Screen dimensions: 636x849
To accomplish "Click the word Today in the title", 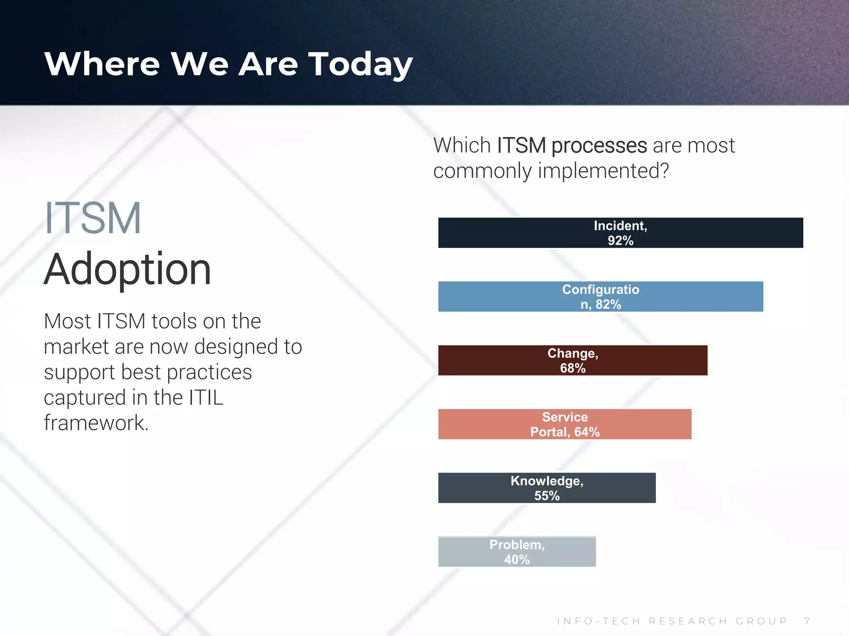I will click(361, 64).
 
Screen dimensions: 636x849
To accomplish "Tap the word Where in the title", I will click(102, 64).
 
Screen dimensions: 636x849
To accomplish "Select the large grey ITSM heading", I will click(93, 218).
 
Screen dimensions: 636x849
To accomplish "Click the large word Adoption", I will click(127, 270).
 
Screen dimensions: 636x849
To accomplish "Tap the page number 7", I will click(807, 621).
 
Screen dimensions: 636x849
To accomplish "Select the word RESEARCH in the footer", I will click(688, 621).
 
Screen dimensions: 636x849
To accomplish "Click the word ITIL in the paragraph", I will click(206, 397).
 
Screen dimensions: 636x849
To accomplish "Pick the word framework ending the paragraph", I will click(96, 423).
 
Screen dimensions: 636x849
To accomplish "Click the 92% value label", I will click(621, 241).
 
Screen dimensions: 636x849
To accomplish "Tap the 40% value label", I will click(517, 559).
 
